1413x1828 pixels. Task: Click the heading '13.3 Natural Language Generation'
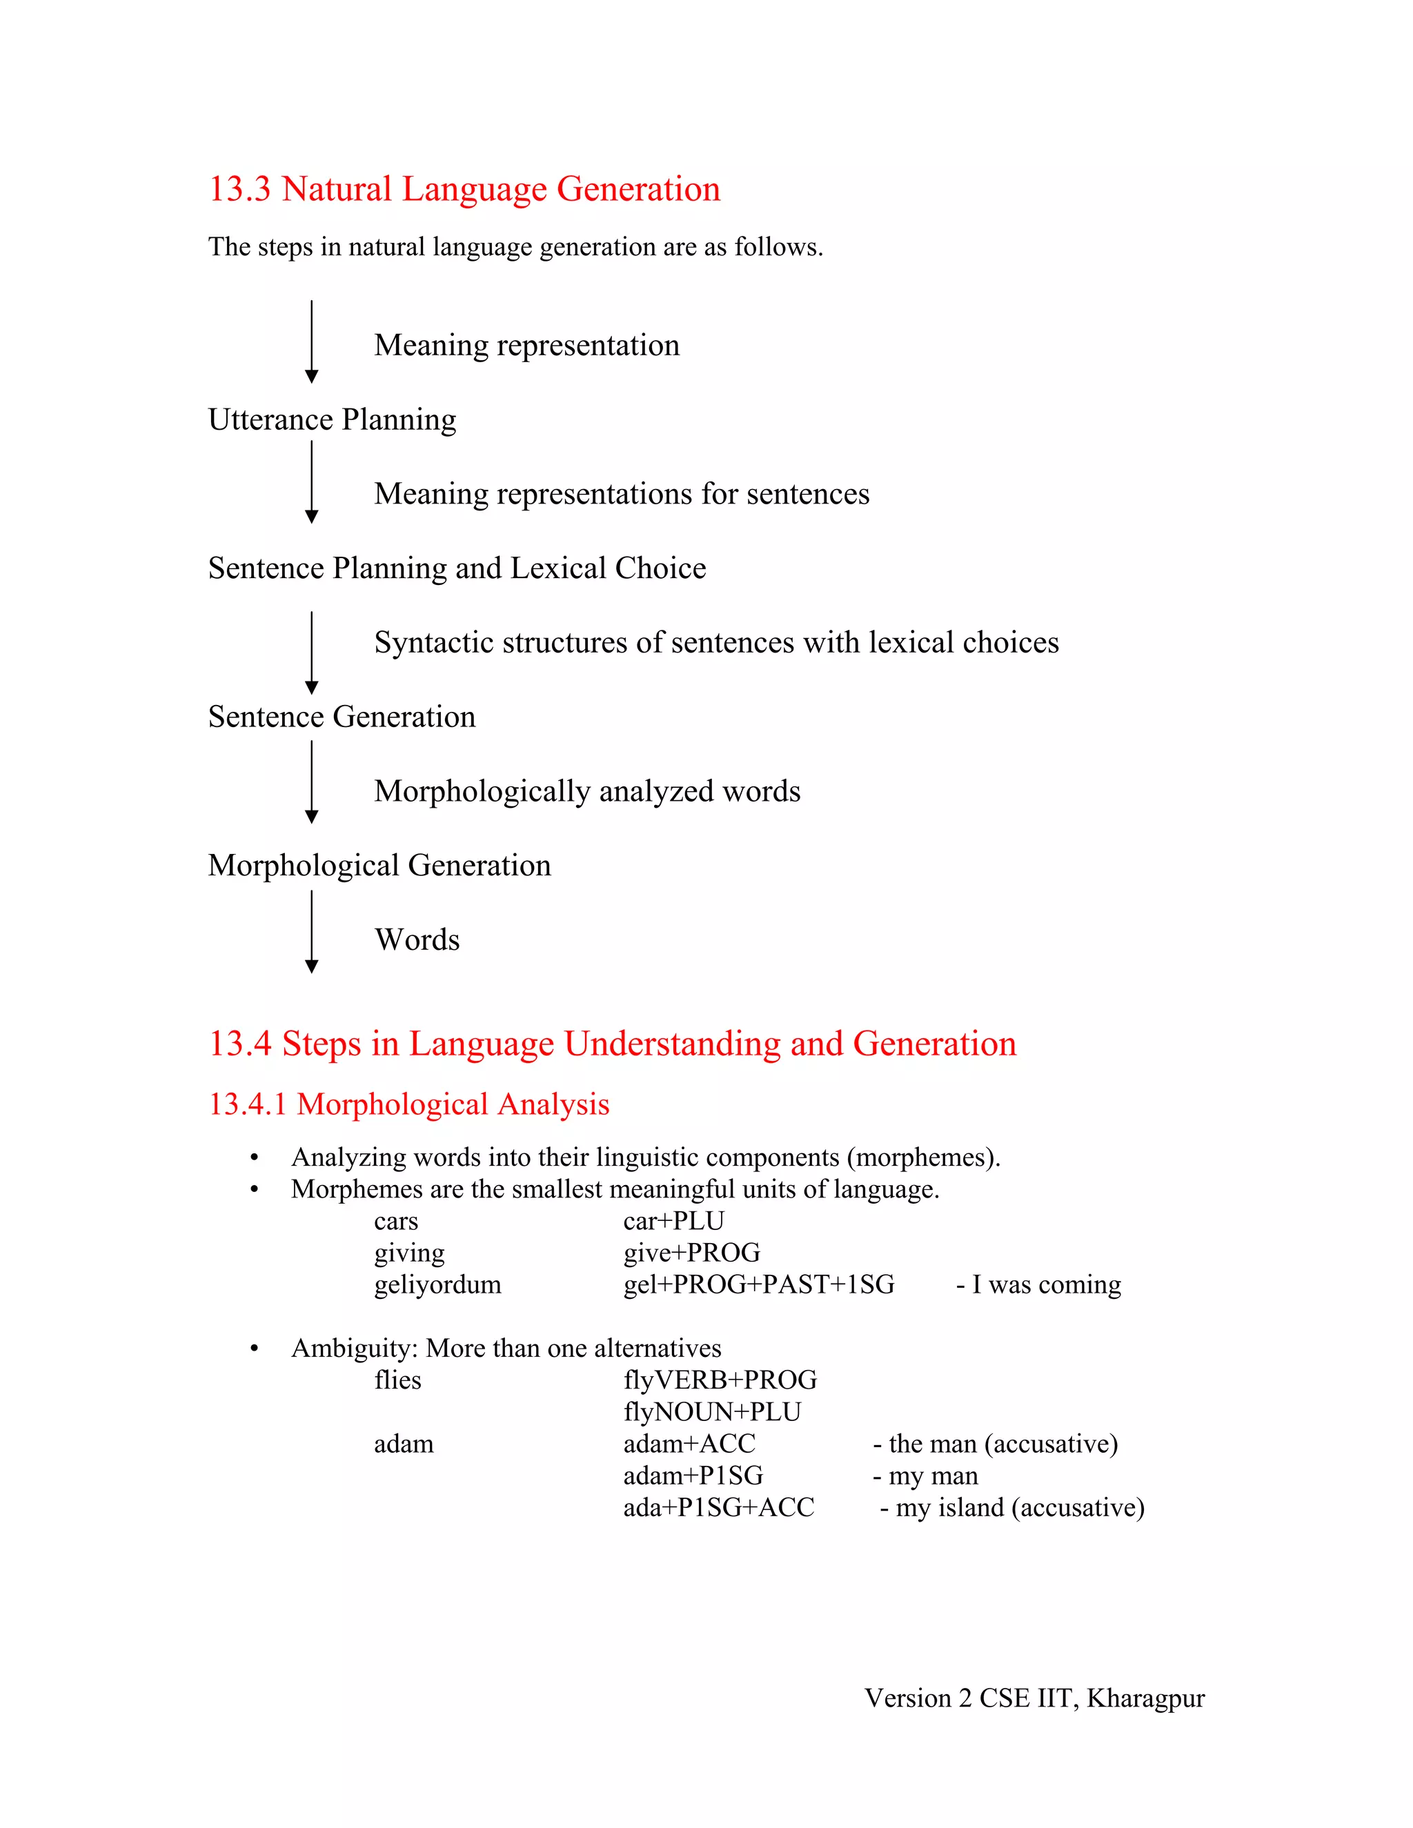[464, 189]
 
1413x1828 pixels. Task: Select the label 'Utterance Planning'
[333, 419]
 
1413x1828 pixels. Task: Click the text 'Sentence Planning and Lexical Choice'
[457, 568]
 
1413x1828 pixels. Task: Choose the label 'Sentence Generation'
[342, 717]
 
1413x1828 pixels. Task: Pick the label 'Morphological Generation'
[379, 866]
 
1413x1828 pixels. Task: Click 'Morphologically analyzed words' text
[587, 792]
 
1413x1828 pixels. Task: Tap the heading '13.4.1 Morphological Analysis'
[408, 1105]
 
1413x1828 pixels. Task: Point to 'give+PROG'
[691, 1253]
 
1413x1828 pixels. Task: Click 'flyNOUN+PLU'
[711, 1412]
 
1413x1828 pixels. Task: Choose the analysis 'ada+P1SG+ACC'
[718, 1507]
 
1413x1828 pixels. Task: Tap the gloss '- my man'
[925, 1476]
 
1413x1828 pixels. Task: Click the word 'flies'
[397, 1380]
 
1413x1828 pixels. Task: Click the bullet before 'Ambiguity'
[254, 1349]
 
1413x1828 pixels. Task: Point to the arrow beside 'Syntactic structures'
[311, 653]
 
